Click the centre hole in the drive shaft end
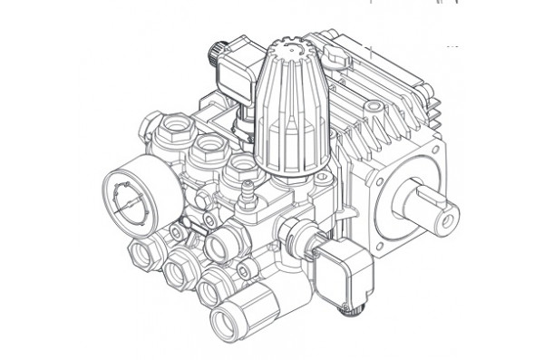[448, 219]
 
